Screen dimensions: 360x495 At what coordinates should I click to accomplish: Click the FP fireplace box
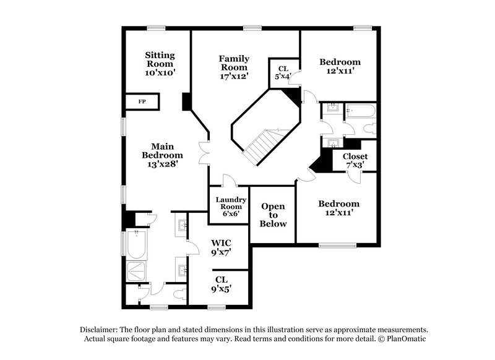[x=142, y=101]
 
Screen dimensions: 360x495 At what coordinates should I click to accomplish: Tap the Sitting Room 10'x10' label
[x=160, y=63]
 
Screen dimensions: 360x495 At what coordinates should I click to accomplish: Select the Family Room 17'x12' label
[x=234, y=67]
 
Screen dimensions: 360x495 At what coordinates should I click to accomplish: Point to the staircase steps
[x=259, y=148]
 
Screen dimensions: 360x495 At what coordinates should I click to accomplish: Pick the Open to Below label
[x=273, y=215]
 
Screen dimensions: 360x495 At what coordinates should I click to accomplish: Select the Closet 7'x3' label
[x=355, y=160]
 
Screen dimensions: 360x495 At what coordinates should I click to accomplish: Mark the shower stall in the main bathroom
[x=136, y=270]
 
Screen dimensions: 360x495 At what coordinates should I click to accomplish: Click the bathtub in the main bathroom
[x=136, y=244]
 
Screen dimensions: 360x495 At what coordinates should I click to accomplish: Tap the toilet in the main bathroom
[x=179, y=294]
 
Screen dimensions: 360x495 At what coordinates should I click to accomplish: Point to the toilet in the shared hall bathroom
[x=369, y=128]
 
